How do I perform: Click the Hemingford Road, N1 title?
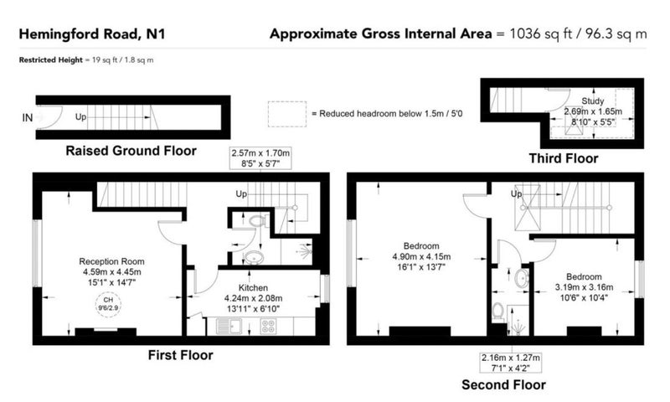click(92, 34)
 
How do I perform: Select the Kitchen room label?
click(254, 288)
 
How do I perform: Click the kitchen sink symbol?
click(229, 327)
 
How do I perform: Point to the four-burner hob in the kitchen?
click(268, 327)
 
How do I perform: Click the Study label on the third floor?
click(593, 101)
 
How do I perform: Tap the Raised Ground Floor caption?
click(131, 151)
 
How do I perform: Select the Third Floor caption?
click(564, 158)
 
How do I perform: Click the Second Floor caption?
click(504, 385)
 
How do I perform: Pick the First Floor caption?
click(180, 355)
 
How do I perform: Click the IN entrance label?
click(28, 118)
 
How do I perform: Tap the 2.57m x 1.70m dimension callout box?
click(260, 158)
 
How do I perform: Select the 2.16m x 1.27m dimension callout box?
click(511, 363)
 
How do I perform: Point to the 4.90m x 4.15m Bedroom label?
click(421, 257)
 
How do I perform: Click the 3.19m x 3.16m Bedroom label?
click(584, 287)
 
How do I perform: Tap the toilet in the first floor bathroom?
click(258, 221)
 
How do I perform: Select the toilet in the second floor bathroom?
click(497, 312)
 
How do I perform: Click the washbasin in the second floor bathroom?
click(522, 279)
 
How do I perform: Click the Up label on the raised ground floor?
click(80, 116)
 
